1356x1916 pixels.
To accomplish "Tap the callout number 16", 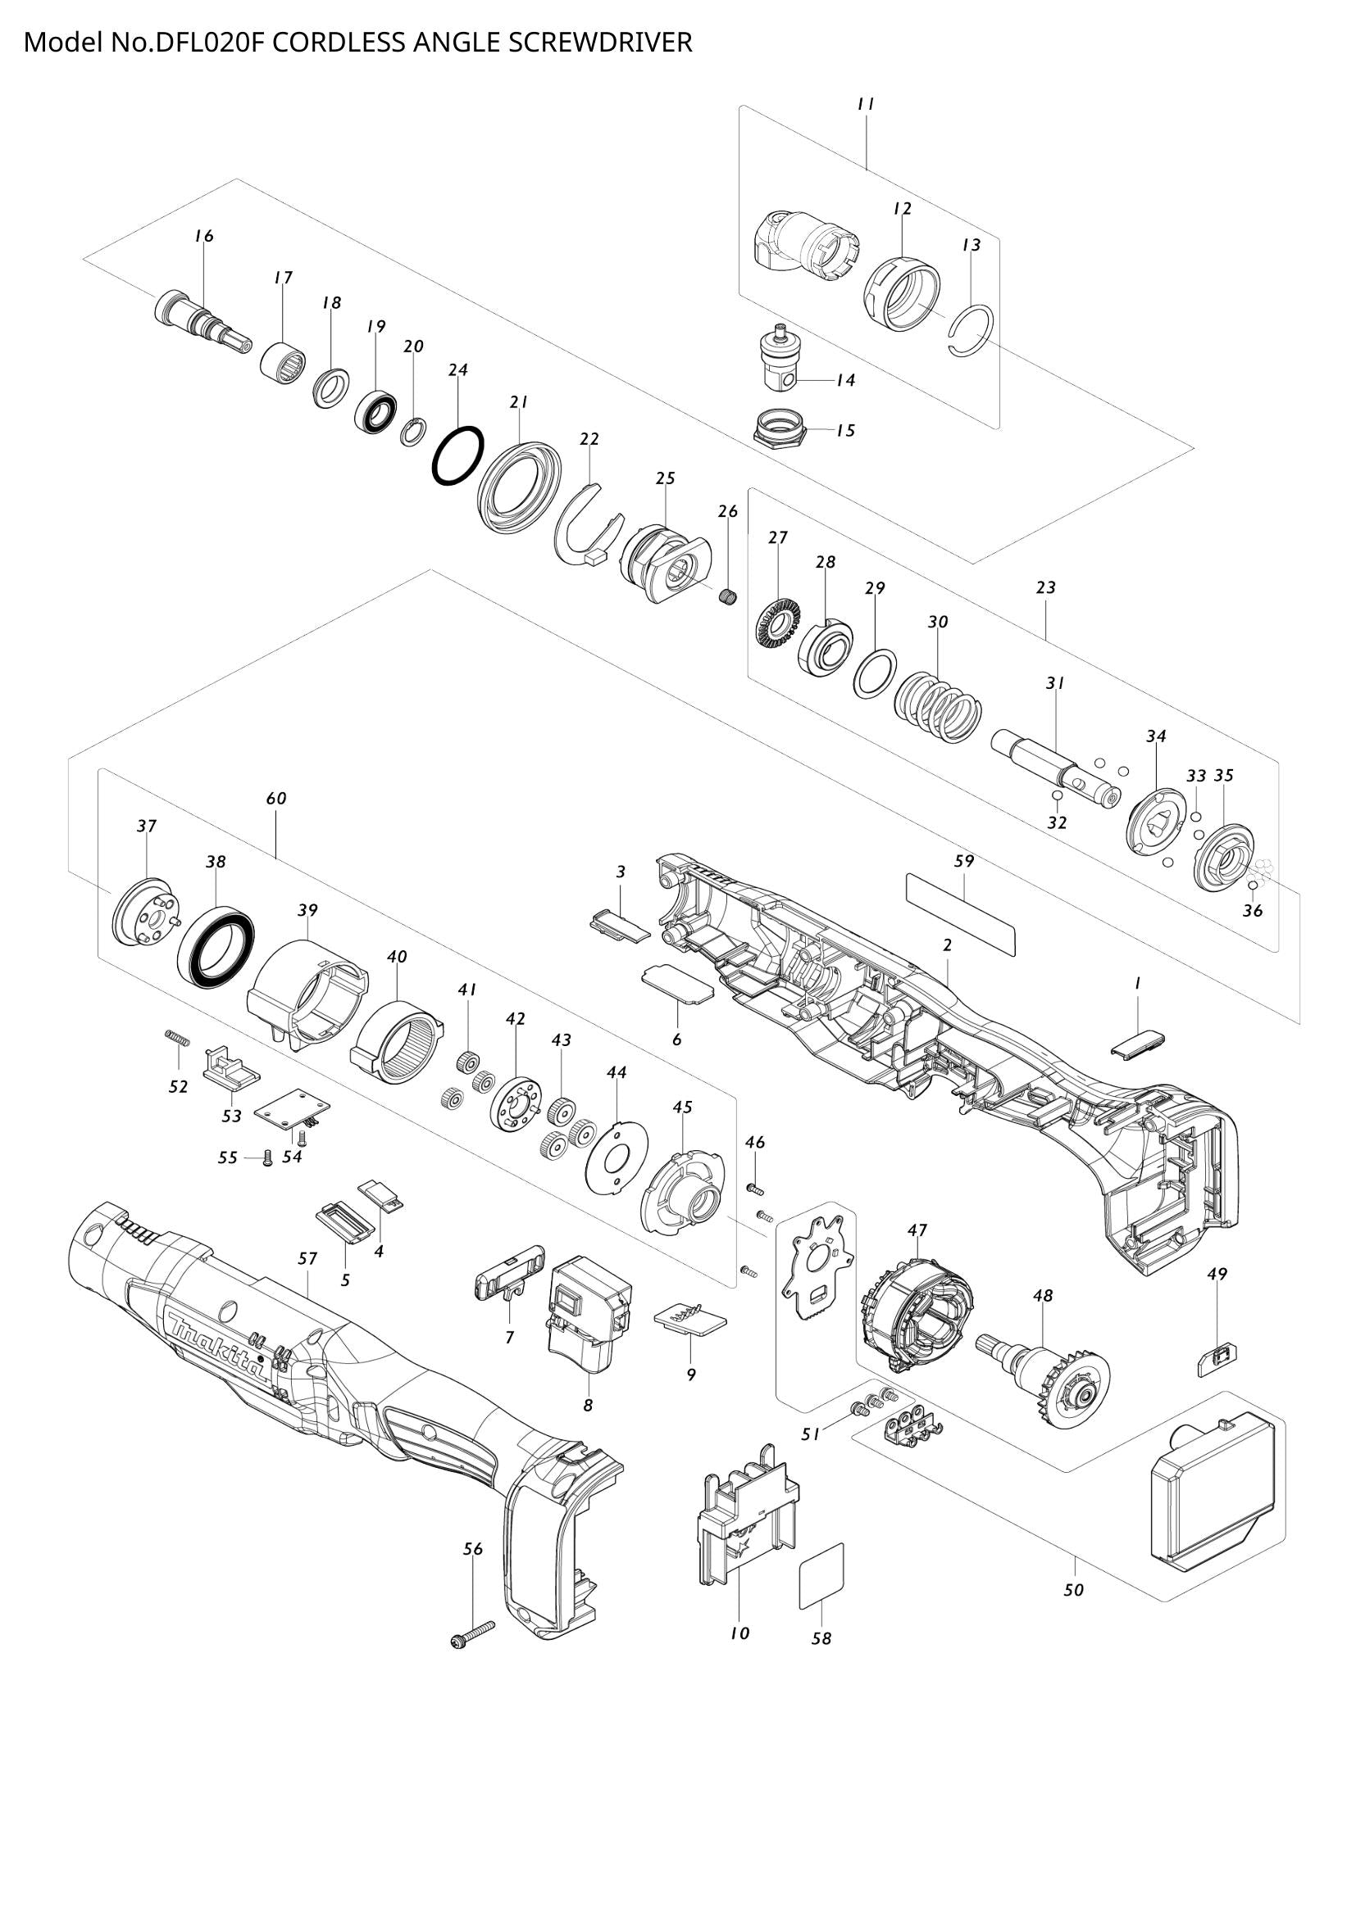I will [205, 236].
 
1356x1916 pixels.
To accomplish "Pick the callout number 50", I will [1074, 1591].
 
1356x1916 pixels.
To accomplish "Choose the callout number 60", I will [276, 799].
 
